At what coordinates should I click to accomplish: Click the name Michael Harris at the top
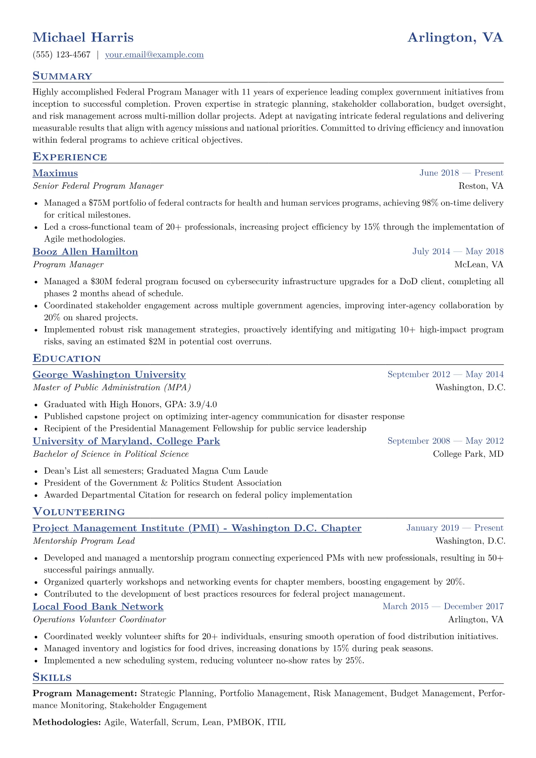coord(83,37)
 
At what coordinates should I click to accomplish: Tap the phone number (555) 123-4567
coord(61,55)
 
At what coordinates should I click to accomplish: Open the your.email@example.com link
coord(154,55)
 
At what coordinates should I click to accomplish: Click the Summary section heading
coord(62,76)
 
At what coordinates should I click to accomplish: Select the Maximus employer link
coord(55,173)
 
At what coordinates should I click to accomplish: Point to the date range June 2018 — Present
coord(461,173)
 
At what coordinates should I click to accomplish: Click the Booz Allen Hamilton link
coord(85,252)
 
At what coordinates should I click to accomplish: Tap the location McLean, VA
coord(479,264)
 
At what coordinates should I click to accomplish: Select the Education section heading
coord(67,359)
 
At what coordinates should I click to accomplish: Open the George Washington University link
coord(109,375)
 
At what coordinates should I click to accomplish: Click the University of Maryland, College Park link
coord(126,441)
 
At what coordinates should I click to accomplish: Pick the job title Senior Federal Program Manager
coord(98,186)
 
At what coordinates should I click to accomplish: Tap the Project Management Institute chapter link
coord(197,528)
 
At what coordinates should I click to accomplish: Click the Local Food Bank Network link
coord(98,607)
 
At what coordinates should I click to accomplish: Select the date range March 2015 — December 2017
coord(443,607)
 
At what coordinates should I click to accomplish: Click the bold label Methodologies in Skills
coord(67,722)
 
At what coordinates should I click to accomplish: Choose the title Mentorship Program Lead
coord(84,541)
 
